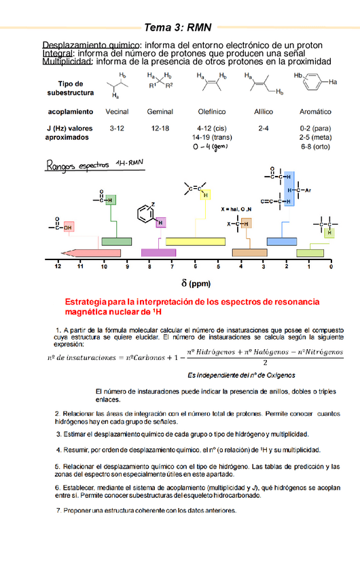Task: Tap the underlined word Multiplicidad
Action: point(67,62)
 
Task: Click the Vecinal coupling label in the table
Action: point(118,111)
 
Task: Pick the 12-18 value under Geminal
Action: point(160,128)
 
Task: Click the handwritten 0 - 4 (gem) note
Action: point(211,146)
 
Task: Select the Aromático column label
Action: point(315,111)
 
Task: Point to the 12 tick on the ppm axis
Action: point(58,267)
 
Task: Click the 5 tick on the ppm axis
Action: point(218,267)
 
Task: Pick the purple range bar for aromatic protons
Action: point(158,252)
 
